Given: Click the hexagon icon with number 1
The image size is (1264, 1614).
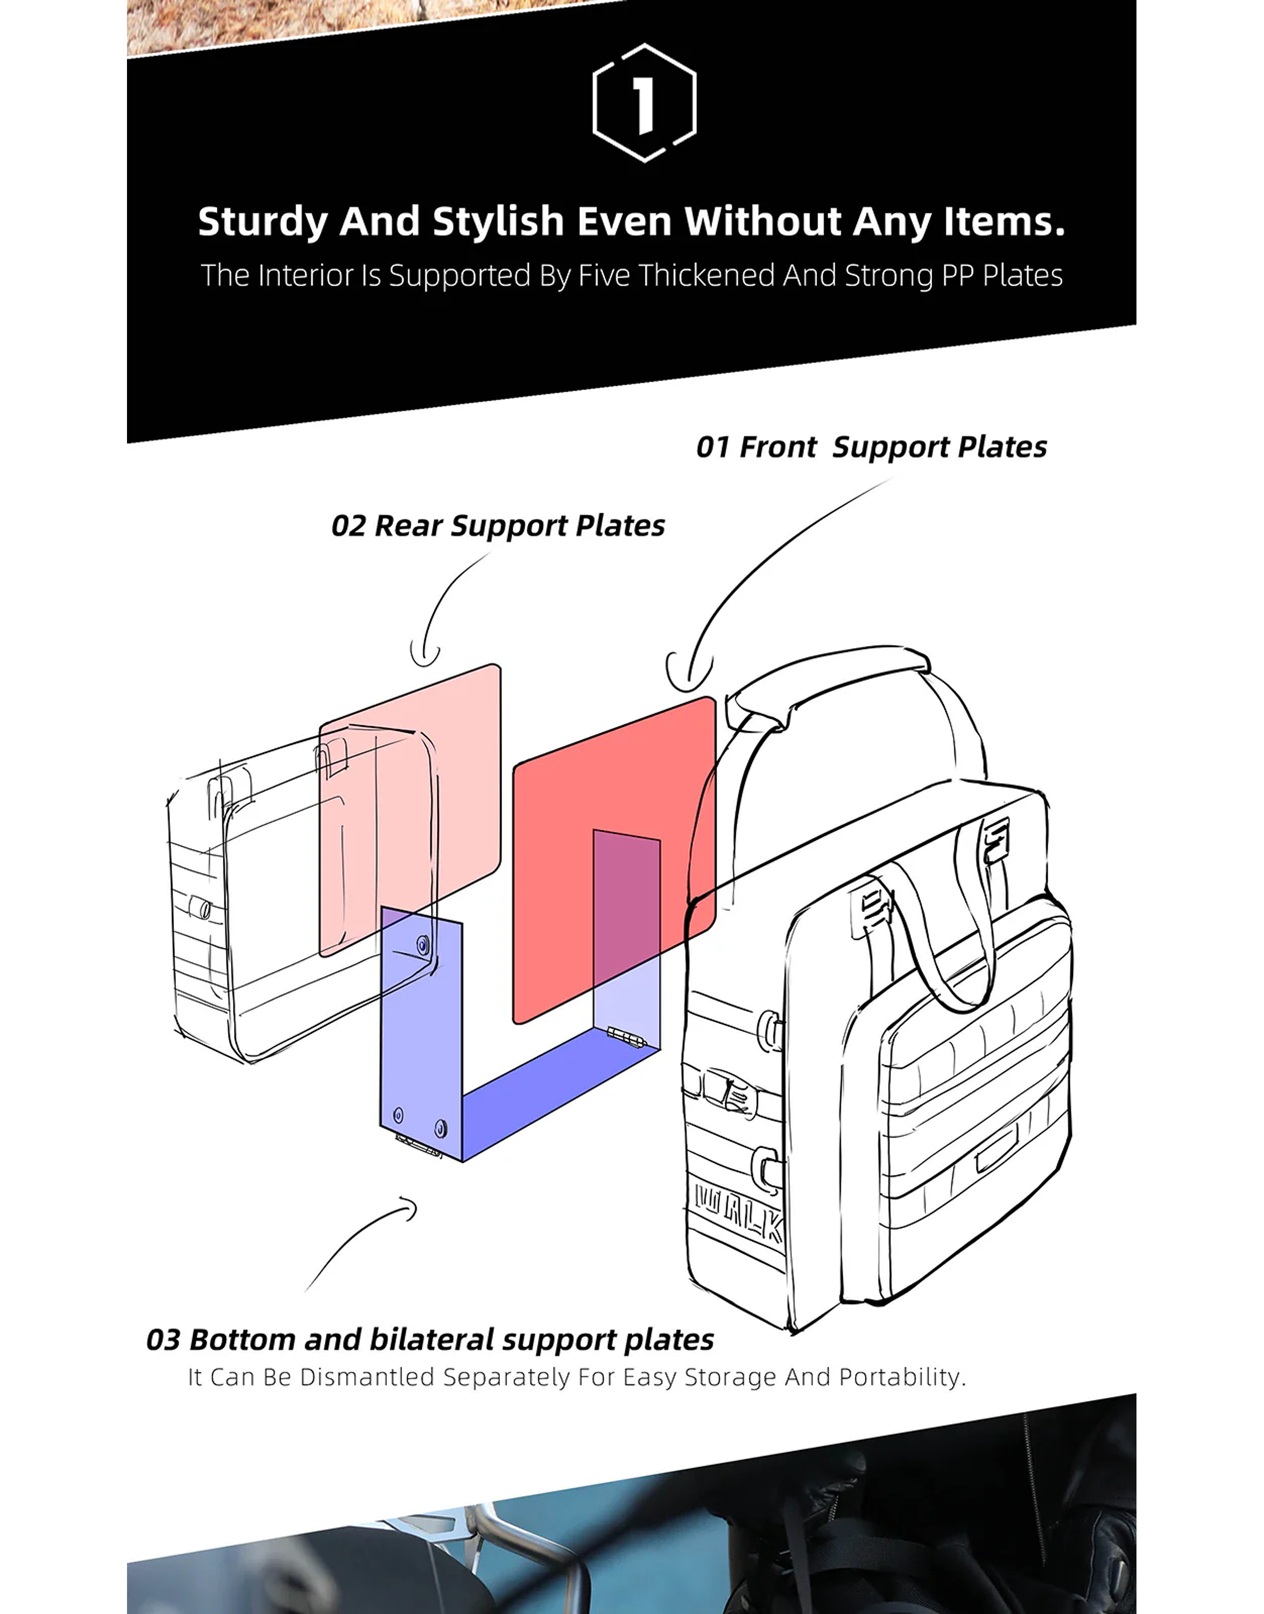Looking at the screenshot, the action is tap(644, 102).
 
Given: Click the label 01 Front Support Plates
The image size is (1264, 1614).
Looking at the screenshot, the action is tap(872, 447).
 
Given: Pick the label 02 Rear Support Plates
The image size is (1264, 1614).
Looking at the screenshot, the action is tap(498, 526).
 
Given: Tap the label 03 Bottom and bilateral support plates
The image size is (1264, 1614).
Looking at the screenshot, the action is tap(430, 1340).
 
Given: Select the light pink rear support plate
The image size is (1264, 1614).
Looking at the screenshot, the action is tap(410, 810).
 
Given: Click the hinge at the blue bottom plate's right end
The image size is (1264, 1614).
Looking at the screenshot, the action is tap(626, 1037).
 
